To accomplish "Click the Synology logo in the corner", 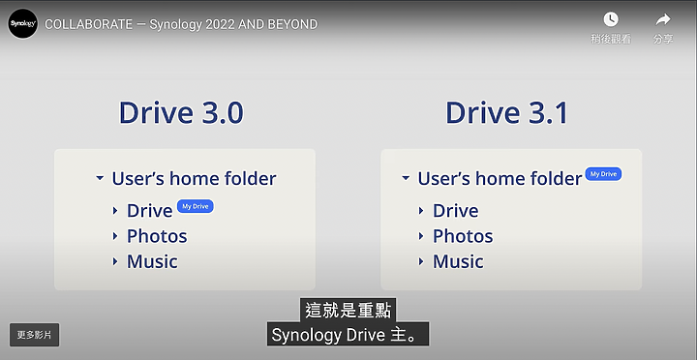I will coord(22,23).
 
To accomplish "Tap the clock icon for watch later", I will coord(611,19).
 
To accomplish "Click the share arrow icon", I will coord(663,19).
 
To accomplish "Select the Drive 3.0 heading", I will coord(181,112).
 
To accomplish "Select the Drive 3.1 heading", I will coord(506,112).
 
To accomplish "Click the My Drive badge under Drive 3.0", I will coord(197,206).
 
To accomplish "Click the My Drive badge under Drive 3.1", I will coord(603,174).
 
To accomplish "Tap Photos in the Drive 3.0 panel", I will coord(157,236).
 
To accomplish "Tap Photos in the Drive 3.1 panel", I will coord(463,236).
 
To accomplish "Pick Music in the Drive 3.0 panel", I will coord(152,261).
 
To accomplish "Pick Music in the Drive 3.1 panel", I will coord(458,261).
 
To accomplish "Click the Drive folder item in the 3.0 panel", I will coord(149,211).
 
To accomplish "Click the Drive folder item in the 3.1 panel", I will coord(455,211).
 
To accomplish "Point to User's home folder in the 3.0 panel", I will coord(194,179).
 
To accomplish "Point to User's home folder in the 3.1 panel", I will coord(500,179).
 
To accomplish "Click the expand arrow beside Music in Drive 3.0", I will coord(115,262).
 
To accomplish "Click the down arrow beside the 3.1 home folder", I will coord(406,179).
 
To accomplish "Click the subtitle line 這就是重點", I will coord(348,311).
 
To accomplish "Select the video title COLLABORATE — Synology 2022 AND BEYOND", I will coord(181,24).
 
